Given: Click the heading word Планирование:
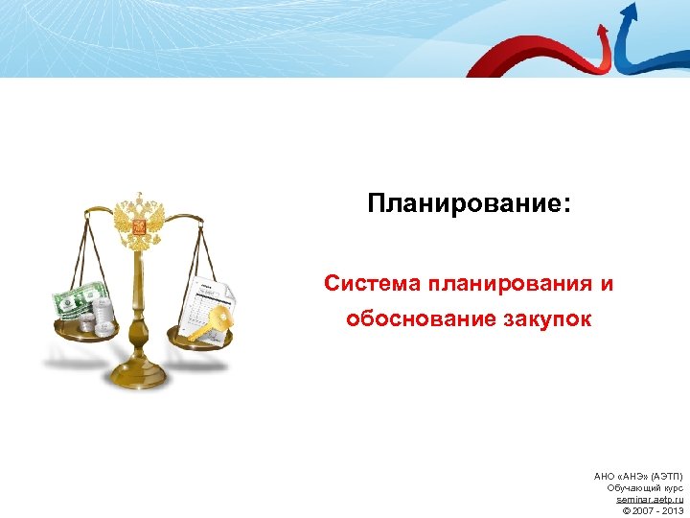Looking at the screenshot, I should [x=468, y=204].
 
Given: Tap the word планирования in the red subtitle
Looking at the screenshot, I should [x=512, y=284].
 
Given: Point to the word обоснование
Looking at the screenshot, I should [x=422, y=318].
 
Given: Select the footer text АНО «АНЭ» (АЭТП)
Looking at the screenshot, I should [x=638, y=476].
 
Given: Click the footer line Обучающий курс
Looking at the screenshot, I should [x=645, y=487].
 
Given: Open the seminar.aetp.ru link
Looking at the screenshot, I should [x=650, y=499].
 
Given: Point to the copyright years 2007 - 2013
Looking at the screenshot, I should [x=656, y=510].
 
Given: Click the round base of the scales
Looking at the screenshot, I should [x=140, y=375].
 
